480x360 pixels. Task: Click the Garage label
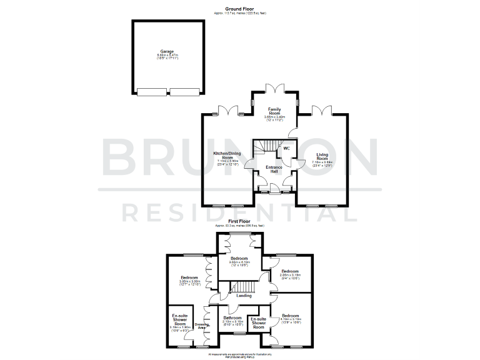point(167,51)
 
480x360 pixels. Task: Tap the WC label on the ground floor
point(286,148)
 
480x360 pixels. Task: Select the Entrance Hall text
point(274,169)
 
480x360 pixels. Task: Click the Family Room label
point(276,111)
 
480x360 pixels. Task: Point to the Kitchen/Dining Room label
point(227,155)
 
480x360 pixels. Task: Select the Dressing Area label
point(201,324)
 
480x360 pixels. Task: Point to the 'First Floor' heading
point(240,221)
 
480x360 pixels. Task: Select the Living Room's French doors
point(322,112)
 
